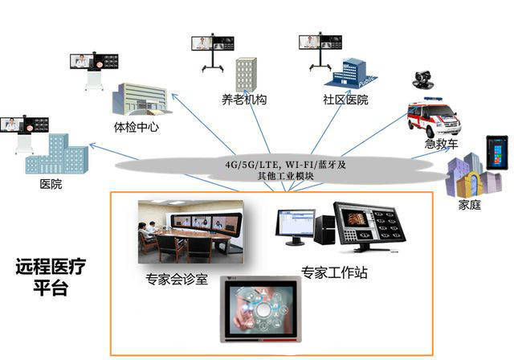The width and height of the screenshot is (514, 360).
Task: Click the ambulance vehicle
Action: tap(434, 117)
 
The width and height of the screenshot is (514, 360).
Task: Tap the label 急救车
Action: tap(441, 144)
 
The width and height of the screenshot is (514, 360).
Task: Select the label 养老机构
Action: tap(244, 100)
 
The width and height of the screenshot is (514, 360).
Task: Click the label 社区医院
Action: tap(345, 100)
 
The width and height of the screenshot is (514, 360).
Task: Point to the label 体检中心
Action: tap(137, 127)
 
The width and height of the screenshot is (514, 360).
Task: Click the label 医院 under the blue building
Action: tap(51, 184)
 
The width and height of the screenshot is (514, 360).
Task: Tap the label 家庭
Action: tap(469, 205)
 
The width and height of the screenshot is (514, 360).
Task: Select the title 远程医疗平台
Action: tap(51, 277)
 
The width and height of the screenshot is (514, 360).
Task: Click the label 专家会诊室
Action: tap(177, 279)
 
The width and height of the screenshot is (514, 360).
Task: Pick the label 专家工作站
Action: tap(334, 272)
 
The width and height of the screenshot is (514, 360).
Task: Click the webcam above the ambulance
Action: tap(423, 80)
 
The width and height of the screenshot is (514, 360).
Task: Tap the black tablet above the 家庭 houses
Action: tap(497, 153)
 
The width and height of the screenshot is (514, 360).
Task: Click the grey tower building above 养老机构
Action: tap(247, 75)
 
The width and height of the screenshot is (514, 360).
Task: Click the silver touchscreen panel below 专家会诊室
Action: tap(260, 309)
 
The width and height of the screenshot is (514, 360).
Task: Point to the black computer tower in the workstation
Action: tap(324, 230)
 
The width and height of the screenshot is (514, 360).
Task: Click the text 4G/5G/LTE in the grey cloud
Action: tap(251, 164)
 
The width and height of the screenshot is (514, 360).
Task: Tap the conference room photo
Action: tap(191, 231)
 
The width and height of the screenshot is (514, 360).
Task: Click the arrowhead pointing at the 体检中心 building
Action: tap(175, 96)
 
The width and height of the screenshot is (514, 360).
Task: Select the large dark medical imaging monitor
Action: tap(369, 227)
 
